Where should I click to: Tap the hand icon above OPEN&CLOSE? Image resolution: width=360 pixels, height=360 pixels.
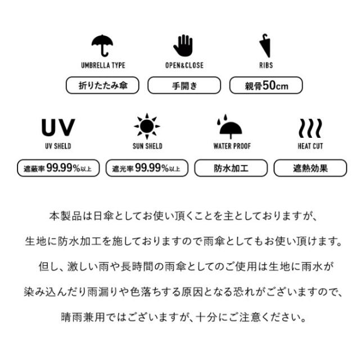(183, 46)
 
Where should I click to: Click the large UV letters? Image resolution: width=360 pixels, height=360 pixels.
(58, 127)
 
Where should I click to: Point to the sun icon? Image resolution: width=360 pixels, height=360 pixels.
(147, 126)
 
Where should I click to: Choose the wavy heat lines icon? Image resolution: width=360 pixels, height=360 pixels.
(310, 128)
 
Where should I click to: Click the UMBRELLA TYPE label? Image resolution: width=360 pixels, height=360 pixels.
(103, 65)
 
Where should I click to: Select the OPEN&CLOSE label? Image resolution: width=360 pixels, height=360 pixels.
(184, 65)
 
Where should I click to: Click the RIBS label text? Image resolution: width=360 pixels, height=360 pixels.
(266, 65)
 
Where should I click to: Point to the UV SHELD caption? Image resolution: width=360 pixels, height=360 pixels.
(58, 146)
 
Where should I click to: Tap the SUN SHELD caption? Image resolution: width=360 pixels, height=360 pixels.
(147, 146)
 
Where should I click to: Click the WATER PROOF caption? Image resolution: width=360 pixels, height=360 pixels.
(232, 146)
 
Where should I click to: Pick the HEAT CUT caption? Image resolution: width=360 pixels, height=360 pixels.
(310, 146)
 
